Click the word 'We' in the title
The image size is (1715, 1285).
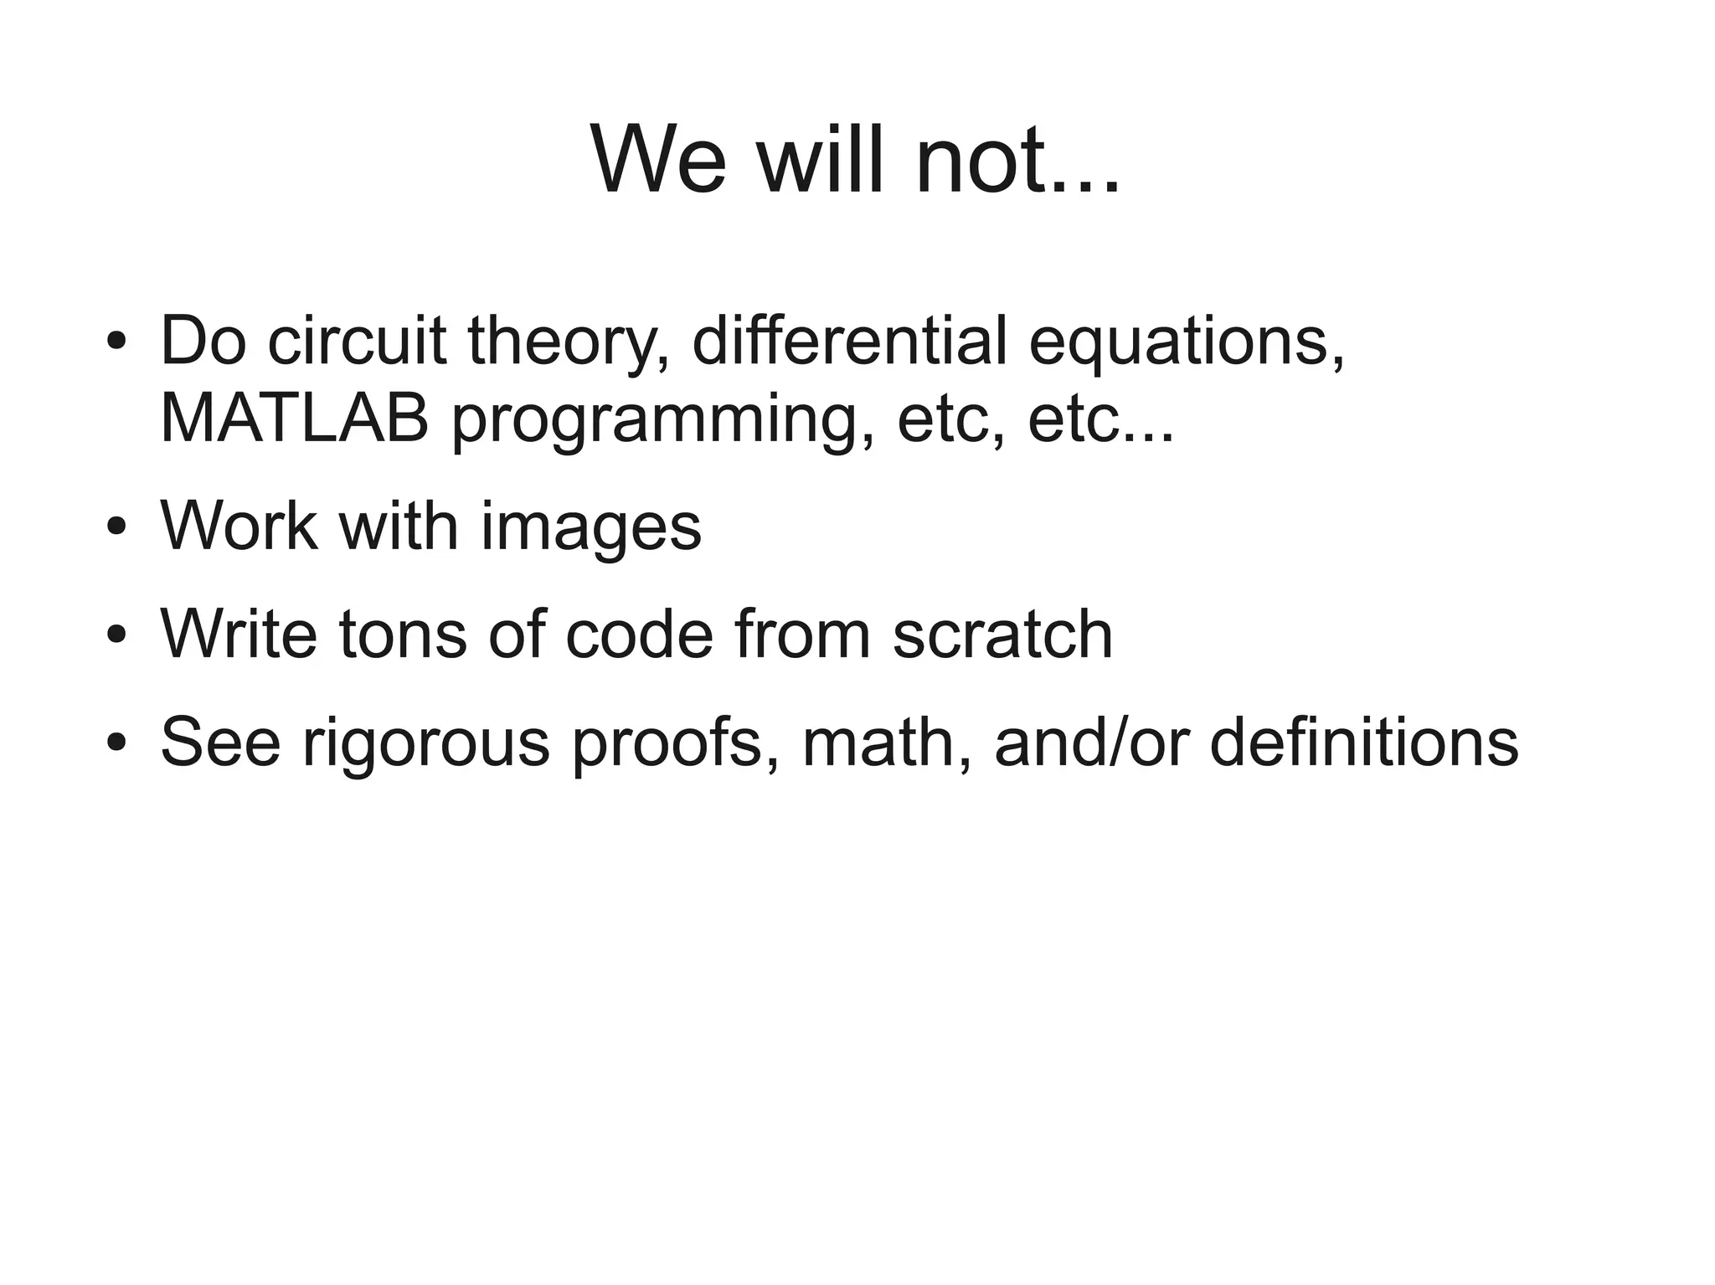click(x=658, y=159)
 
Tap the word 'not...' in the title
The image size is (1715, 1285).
click(x=1017, y=159)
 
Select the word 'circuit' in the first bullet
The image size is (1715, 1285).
click(x=357, y=342)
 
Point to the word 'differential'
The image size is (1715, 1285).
click(x=850, y=342)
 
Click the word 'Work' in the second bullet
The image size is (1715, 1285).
click(x=239, y=527)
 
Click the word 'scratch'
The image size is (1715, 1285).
click(x=1002, y=635)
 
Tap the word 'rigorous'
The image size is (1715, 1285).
click(x=425, y=743)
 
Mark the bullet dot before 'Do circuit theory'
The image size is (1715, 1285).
click(x=116, y=343)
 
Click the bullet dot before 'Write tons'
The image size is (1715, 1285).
click(x=116, y=635)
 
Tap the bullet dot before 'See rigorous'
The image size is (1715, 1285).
click(x=116, y=743)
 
